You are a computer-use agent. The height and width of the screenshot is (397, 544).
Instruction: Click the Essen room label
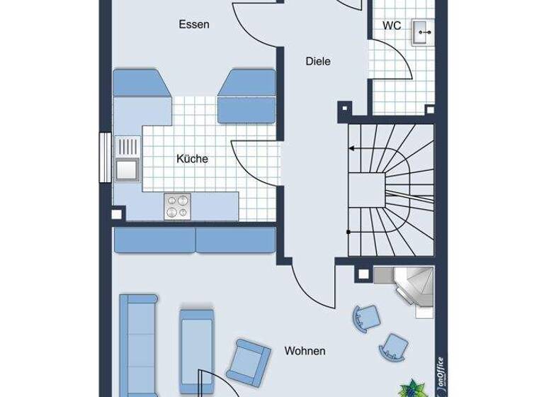pos(193,24)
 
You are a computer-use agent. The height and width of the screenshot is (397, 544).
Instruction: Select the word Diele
pos(318,61)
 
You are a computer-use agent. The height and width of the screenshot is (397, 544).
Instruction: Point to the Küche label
pos(192,159)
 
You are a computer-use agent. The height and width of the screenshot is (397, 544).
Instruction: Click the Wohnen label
pos(305,350)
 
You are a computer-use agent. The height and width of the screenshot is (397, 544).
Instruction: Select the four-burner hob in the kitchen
pos(177,206)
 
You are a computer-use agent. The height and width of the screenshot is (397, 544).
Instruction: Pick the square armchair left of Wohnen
pos(251,362)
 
